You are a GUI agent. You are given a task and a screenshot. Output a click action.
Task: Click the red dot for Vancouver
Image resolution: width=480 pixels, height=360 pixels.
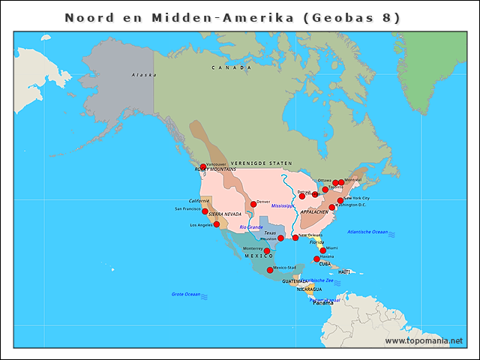(x=203, y=166)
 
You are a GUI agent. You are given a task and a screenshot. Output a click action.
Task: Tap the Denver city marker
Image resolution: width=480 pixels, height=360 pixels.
(x=253, y=204)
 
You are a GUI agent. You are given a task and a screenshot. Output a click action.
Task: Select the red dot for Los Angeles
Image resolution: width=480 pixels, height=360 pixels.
(x=217, y=224)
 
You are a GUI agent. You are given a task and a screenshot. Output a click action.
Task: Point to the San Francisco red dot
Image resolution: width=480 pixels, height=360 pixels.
(x=204, y=211)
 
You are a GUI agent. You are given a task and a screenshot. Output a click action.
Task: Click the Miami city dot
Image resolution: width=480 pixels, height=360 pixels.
(x=323, y=250)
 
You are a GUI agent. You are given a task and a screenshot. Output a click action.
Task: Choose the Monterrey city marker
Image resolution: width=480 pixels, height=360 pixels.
(x=267, y=251)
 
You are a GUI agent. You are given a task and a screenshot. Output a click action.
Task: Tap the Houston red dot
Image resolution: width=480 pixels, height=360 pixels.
(x=281, y=238)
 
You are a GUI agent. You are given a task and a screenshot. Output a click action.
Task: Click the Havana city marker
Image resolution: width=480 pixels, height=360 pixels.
(x=316, y=259)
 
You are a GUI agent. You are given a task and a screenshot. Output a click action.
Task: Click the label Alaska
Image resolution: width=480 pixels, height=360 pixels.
(x=144, y=75)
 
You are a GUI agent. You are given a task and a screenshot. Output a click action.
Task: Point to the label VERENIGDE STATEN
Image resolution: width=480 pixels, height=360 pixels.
(x=261, y=163)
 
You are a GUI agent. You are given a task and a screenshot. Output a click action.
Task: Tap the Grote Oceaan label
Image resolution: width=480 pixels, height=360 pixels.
(x=186, y=294)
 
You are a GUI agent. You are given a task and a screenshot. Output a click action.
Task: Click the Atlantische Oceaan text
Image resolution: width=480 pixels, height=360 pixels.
(x=367, y=232)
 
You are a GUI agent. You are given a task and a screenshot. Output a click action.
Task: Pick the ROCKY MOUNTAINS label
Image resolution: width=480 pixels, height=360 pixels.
(x=215, y=169)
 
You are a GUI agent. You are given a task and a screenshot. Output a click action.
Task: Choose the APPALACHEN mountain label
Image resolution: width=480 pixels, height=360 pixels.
(x=314, y=212)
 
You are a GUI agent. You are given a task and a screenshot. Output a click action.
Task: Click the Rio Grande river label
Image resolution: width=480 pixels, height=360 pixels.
(x=251, y=226)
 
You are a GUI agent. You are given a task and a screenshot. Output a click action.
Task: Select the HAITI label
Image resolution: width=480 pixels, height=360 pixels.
(x=344, y=271)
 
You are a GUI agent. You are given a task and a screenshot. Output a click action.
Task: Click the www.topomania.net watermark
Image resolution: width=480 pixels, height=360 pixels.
(x=424, y=340)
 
